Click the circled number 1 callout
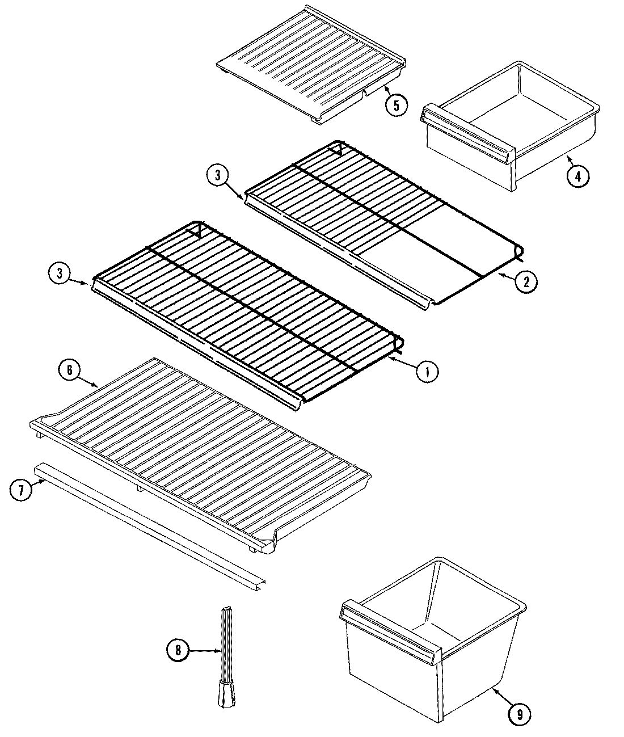click(x=427, y=372)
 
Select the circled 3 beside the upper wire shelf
click(x=217, y=176)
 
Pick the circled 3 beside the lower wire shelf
click(x=58, y=274)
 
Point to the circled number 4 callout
click(x=577, y=175)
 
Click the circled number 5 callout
click(x=396, y=104)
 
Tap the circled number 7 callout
click(x=21, y=490)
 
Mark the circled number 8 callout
click(x=178, y=651)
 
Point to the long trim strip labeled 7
click(x=147, y=523)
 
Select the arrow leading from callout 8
click(x=204, y=651)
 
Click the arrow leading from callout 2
click(x=505, y=276)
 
